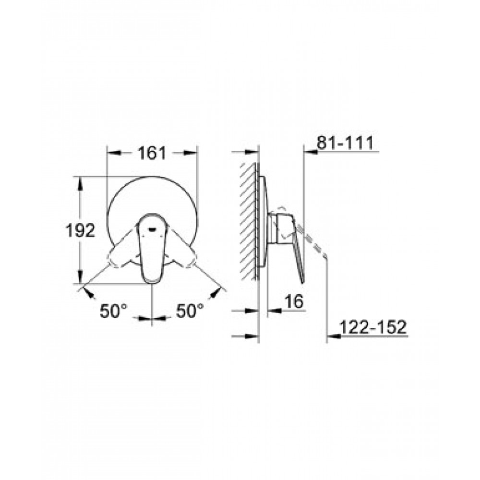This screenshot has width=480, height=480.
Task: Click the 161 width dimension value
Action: point(152,153)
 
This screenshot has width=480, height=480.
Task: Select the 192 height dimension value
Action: point(81,230)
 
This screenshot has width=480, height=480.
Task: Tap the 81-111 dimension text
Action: point(345,143)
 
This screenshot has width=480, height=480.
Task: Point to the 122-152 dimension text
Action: point(373,327)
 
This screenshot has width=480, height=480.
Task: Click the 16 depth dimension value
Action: point(294,301)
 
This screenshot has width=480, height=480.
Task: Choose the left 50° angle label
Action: point(113,312)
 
